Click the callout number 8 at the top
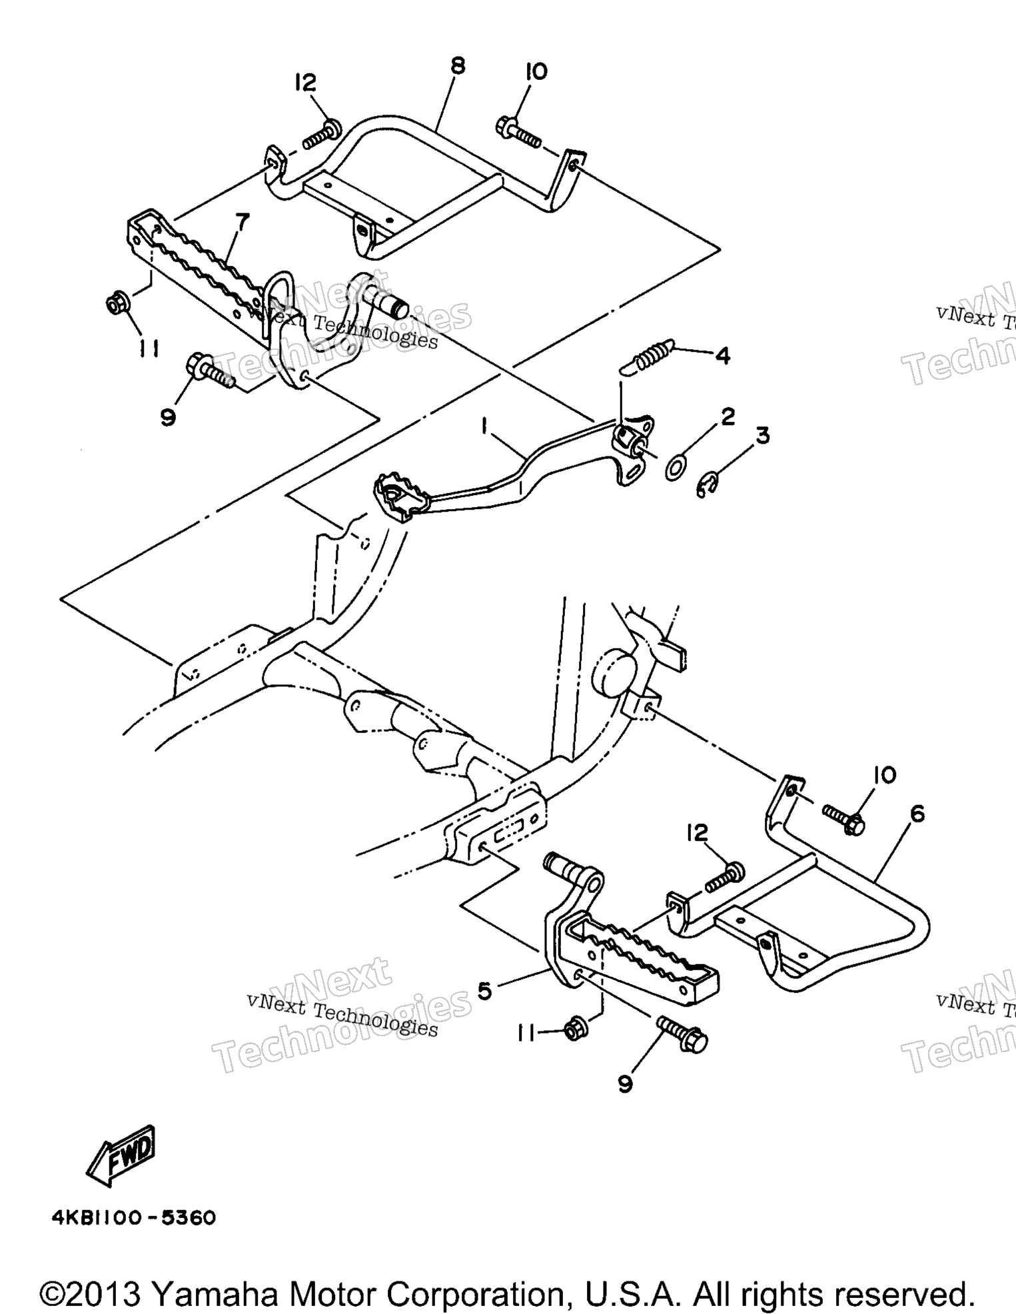[458, 67]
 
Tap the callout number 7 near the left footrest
[241, 222]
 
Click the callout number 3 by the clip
[762, 435]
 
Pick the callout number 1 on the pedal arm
[486, 424]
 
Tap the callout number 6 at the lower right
[917, 814]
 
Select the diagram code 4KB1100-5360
[134, 1218]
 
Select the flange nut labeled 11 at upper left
[119, 304]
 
